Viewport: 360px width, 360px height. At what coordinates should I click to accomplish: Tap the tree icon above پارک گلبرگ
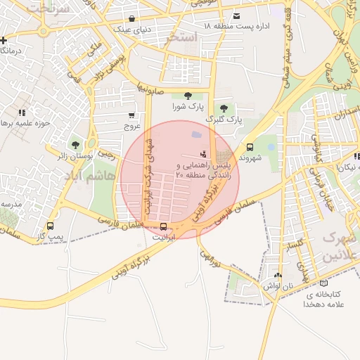tap(224, 108)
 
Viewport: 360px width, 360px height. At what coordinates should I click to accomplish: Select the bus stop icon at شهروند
tap(250, 147)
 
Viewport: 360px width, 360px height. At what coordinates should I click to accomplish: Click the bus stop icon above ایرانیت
tap(164, 226)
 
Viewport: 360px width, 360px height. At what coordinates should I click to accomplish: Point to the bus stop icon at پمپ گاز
tap(49, 226)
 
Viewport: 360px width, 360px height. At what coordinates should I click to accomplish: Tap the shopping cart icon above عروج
tap(131, 115)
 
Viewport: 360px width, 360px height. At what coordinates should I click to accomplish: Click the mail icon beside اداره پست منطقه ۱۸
tap(236, 15)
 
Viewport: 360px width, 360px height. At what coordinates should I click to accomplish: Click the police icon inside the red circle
tap(204, 153)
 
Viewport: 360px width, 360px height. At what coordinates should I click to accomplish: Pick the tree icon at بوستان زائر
tap(75, 144)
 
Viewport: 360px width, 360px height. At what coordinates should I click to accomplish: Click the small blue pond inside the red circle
tap(195, 134)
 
